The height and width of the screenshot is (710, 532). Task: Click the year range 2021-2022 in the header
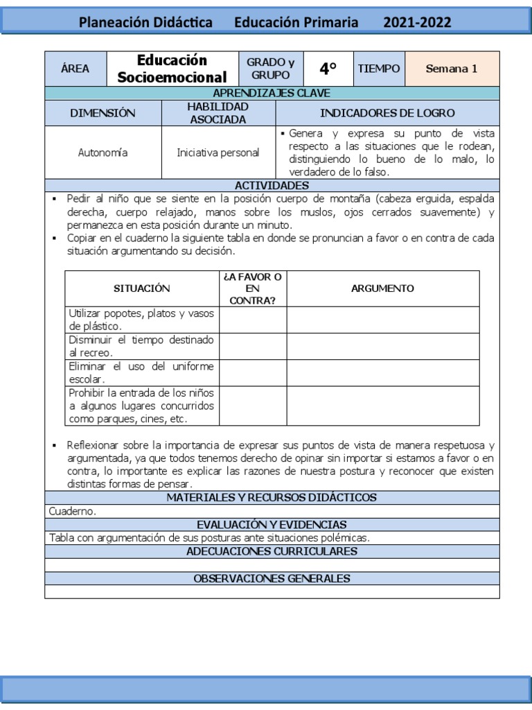point(417,22)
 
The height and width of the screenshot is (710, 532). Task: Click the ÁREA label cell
point(76,69)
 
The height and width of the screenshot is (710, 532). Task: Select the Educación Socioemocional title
point(172,69)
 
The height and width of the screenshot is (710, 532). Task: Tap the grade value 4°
point(328,69)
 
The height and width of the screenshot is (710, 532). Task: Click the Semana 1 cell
point(451,69)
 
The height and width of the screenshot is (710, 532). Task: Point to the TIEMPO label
point(378,69)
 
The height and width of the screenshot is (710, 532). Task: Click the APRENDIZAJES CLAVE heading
point(272,93)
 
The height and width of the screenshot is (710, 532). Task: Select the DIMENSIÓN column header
point(103,112)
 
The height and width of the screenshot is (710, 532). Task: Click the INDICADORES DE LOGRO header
point(387,112)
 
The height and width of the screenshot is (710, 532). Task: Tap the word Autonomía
point(103,153)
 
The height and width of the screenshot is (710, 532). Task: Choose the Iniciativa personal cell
point(218,153)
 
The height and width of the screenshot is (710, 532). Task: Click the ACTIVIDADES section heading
point(272,185)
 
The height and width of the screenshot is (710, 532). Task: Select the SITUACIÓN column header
point(141,288)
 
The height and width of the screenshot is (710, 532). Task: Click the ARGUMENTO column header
point(382,288)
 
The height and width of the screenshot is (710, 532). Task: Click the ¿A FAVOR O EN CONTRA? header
point(252,288)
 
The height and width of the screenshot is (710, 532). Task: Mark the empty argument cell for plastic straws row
point(382,320)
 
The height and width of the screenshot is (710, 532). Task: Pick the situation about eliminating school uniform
point(141,372)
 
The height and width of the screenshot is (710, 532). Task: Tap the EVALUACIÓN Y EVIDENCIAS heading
point(272,525)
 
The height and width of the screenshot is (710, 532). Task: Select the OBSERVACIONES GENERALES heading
point(272,578)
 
